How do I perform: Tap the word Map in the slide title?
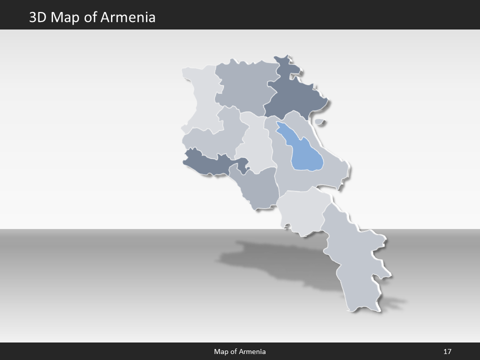pos(66,17)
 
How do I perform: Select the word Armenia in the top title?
pos(128,17)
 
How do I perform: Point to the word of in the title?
pos(92,17)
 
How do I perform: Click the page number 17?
pos(447,351)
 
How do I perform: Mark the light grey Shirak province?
pos(200,100)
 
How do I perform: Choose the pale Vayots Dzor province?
pos(302,212)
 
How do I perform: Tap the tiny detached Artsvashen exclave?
pos(319,121)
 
